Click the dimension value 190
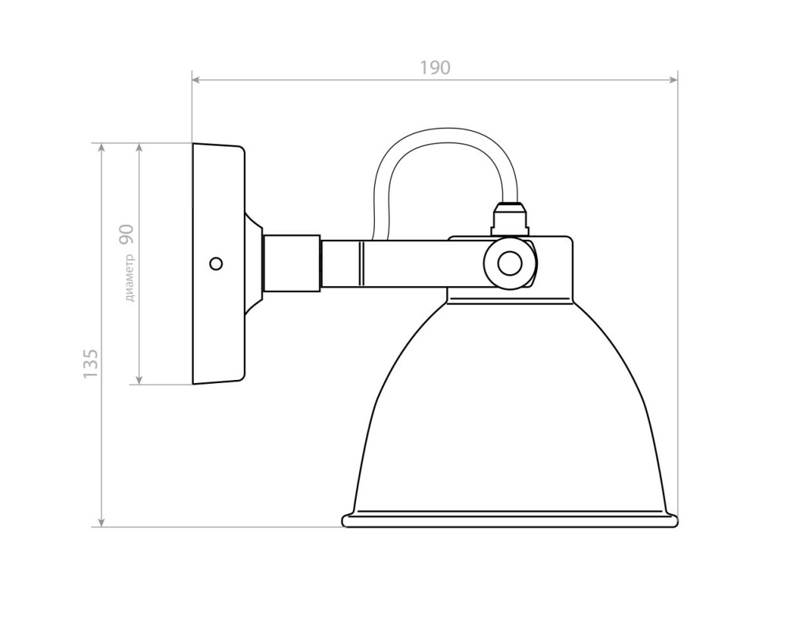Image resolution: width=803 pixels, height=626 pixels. coord(435,67)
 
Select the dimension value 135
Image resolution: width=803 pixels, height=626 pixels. coord(90,364)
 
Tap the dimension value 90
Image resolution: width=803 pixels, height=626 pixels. coord(126,234)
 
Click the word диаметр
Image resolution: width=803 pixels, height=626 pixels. coord(130,277)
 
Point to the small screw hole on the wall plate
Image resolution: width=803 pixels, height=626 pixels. coord(216,263)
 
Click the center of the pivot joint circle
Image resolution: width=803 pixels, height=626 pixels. coord(510,263)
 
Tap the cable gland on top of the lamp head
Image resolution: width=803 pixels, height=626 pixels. coord(510,219)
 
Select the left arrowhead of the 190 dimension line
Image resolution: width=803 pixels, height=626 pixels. coord(197,79)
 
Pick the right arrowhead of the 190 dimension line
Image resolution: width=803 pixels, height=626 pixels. coord(673,79)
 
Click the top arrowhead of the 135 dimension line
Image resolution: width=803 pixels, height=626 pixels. coord(101,148)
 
